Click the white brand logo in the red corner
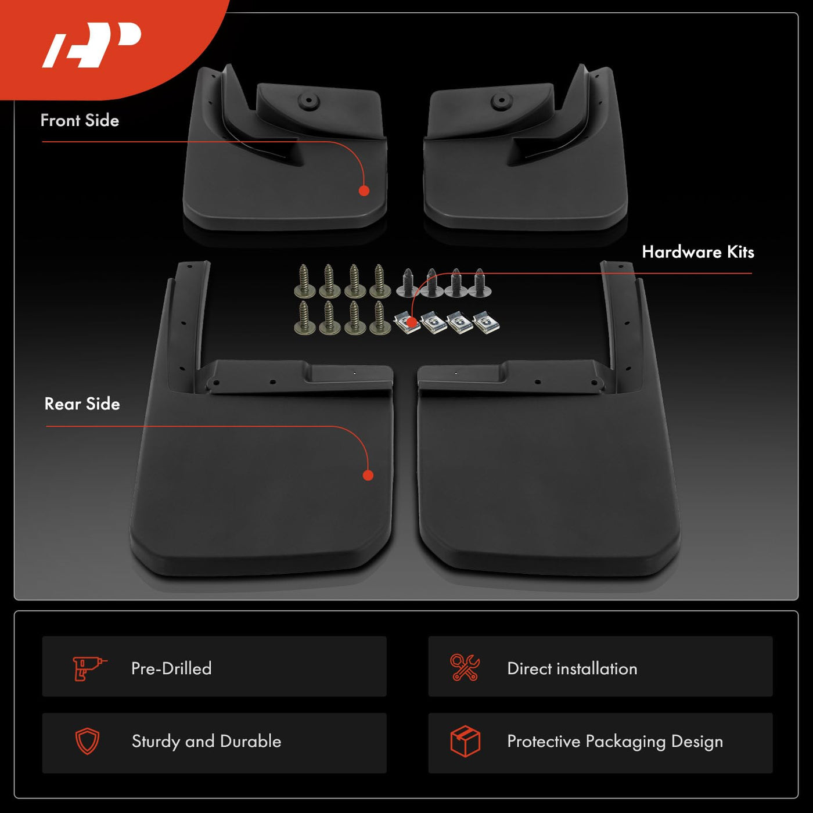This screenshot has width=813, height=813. point(92,45)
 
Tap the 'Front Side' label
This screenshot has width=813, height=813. point(80,121)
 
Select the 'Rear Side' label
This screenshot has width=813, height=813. point(82,404)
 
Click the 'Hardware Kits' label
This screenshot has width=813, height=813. point(698,252)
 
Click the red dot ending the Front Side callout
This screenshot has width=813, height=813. point(364,190)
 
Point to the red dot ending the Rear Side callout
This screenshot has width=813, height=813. point(368,476)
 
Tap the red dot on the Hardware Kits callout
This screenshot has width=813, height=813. point(412,323)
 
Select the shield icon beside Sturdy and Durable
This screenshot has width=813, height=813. point(87,741)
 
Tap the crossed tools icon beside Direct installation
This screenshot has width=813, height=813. point(465,667)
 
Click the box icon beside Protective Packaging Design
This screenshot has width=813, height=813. point(465,741)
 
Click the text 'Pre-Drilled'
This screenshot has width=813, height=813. point(171,669)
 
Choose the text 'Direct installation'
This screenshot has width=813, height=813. point(572,669)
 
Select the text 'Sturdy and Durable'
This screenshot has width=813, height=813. point(206,741)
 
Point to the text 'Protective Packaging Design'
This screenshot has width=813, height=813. point(615,742)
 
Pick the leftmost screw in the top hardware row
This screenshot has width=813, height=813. point(305,280)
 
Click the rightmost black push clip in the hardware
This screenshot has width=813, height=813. point(480,282)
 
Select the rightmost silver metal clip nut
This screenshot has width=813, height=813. point(486,323)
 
